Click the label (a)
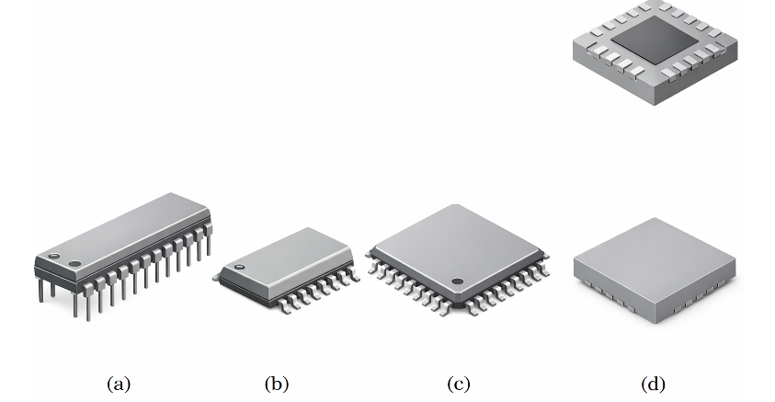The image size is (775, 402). [x=119, y=383]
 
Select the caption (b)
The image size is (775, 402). [x=275, y=383]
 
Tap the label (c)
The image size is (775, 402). [x=457, y=383]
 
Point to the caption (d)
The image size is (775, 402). [x=654, y=383]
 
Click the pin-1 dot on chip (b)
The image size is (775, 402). [x=240, y=267]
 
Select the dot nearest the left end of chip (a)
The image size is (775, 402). [x=53, y=255]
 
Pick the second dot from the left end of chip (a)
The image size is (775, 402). [x=75, y=264]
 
